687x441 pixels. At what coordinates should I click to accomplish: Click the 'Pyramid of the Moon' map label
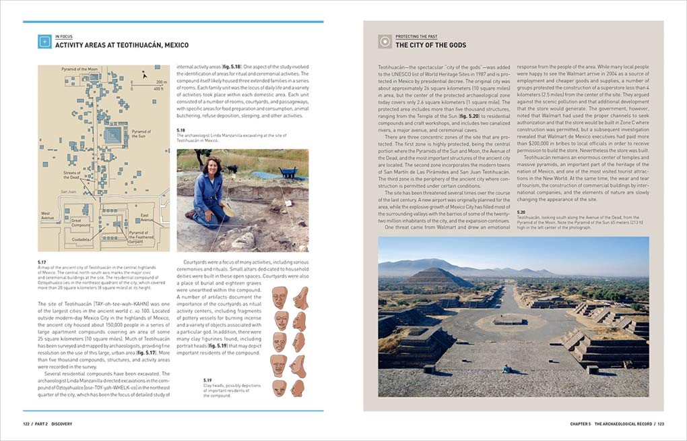[79, 69]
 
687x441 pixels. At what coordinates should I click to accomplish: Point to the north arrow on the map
[143, 75]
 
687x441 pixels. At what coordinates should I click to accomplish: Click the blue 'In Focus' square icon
[45, 41]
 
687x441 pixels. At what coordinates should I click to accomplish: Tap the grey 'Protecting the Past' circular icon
[385, 41]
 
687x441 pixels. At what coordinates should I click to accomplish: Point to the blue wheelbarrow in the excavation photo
[288, 172]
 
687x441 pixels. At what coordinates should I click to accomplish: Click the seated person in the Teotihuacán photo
[506, 369]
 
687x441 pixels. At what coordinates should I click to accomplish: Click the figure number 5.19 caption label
[208, 380]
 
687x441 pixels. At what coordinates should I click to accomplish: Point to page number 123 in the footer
[661, 424]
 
